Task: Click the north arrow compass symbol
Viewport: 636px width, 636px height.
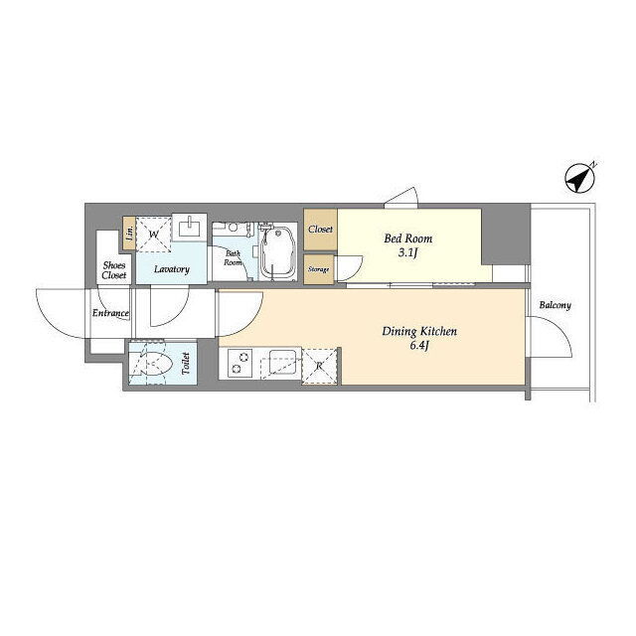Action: pyautogui.click(x=580, y=178)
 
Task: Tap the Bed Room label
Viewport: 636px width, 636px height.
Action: pyautogui.click(x=408, y=238)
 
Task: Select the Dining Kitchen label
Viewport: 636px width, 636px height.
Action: pyautogui.click(x=419, y=332)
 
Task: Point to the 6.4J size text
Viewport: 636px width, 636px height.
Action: pyautogui.click(x=418, y=346)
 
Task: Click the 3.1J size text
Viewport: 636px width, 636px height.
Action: pyautogui.click(x=407, y=253)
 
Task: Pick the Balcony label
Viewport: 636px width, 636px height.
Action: pyautogui.click(x=555, y=305)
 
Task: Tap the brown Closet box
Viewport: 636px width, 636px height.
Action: pyautogui.click(x=320, y=230)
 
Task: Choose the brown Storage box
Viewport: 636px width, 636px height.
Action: pyautogui.click(x=319, y=269)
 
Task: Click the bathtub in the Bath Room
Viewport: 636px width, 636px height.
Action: pyautogui.click(x=278, y=252)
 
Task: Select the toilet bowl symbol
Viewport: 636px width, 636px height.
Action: pyautogui.click(x=149, y=363)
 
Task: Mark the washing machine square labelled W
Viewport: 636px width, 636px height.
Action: pyautogui.click(x=153, y=235)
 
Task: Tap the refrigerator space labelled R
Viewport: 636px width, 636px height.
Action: pyautogui.click(x=320, y=366)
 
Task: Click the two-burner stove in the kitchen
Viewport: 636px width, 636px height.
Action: pyautogui.click(x=238, y=363)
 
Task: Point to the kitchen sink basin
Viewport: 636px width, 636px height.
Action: pyautogui.click(x=282, y=361)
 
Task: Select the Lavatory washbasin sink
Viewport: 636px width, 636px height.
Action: pyautogui.click(x=190, y=228)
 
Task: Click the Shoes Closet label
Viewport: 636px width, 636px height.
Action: pyautogui.click(x=114, y=270)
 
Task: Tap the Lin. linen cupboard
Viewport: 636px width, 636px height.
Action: pyautogui.click(x=129, y=234)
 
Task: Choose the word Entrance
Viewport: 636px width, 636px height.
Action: pyautogui.click(x=110, y=313)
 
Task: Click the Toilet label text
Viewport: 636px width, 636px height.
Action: pyautogui.click(x=186, y=364)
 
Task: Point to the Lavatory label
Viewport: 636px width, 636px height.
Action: pyautogui.click(x=172, y=269)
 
